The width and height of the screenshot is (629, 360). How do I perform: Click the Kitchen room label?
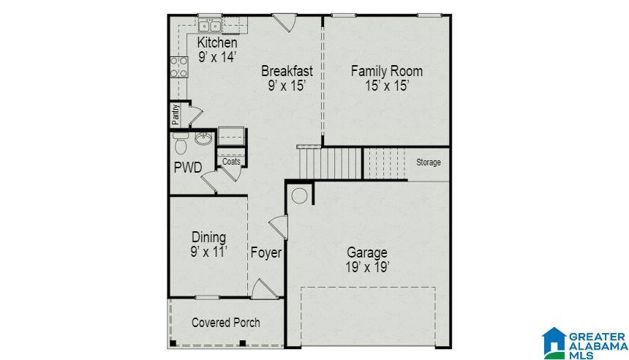216,43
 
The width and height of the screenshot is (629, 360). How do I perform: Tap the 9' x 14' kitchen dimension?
216,57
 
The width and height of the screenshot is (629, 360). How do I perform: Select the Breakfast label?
287,71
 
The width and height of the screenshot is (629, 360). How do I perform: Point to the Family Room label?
386,71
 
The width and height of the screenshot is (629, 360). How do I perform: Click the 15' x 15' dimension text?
386,86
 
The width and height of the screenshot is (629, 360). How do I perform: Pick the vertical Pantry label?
176,115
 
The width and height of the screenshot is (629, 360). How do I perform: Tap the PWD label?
187,167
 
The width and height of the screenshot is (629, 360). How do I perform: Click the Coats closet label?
231,162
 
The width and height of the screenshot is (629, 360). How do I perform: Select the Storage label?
429,162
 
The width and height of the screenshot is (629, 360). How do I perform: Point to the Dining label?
208,237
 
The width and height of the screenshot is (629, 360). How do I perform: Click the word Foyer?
266,253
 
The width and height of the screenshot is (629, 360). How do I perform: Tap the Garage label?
366,253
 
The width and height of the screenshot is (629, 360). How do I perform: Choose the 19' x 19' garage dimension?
366,268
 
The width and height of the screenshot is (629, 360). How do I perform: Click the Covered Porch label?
225,323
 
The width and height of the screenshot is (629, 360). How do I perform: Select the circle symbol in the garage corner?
298,195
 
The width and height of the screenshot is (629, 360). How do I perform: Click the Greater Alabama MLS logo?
584,342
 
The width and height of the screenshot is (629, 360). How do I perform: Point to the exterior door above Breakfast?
285,22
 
